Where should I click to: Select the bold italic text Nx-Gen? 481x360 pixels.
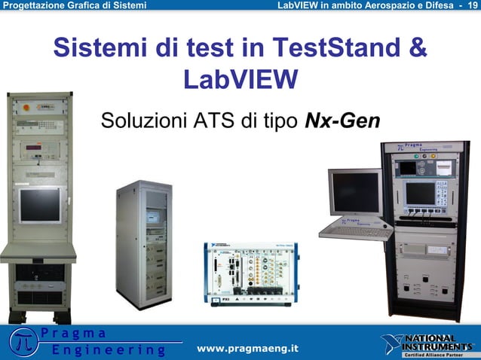342,121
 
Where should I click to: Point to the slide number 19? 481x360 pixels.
473,6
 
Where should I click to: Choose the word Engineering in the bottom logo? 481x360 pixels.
109,350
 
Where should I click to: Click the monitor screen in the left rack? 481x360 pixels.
40,205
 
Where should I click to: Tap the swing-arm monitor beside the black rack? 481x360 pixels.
355,191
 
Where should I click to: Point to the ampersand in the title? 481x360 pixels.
417,49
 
